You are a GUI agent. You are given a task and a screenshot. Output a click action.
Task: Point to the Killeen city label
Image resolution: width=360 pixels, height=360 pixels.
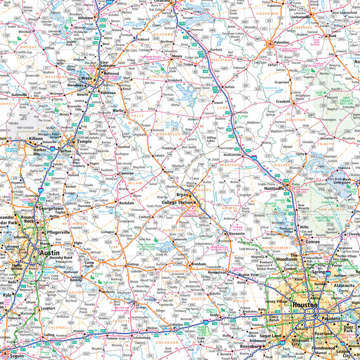tap(36, 139)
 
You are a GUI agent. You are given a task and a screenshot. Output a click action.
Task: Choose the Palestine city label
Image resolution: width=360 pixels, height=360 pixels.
tap(281, 42)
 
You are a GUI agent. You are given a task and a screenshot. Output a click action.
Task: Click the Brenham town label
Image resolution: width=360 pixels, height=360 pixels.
tap(198, 265)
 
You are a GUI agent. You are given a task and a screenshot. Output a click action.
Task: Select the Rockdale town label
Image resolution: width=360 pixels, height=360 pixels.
tap(127, 203)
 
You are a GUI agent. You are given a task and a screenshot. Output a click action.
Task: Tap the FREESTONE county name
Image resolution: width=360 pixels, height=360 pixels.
tap(222, 59)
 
